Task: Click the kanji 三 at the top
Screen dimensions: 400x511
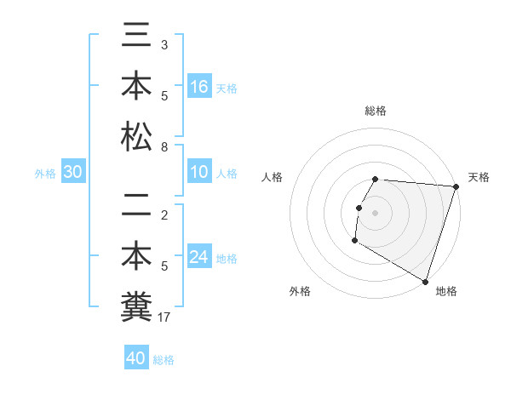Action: tap(136, 40)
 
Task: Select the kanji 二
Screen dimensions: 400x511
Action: tap(136, 207)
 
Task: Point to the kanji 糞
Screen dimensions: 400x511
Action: tap(136, 304)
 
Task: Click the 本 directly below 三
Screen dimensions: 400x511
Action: tap(136, 87)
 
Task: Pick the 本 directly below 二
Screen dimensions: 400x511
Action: tap(136, 255)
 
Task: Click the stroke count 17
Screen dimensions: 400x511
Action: tap(166, 317)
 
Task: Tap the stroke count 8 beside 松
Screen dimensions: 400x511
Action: tap(164, 147)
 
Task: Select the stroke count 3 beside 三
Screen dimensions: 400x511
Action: tap(164, 43)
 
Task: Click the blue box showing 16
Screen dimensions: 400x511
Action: tap(199, 87)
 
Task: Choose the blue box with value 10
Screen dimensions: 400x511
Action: tap(199, 173)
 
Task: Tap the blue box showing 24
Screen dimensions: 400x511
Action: tap(199, 257)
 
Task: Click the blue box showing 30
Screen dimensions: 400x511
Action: tap(73, 173)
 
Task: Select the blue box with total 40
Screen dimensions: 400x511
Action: tap(136, 359)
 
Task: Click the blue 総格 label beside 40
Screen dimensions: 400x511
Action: tap(164, 360)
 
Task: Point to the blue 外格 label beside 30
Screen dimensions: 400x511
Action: tap(45, 174)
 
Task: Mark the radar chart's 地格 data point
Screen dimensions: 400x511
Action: tap(424, 281)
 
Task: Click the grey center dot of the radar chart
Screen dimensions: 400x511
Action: tap(375, 212)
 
